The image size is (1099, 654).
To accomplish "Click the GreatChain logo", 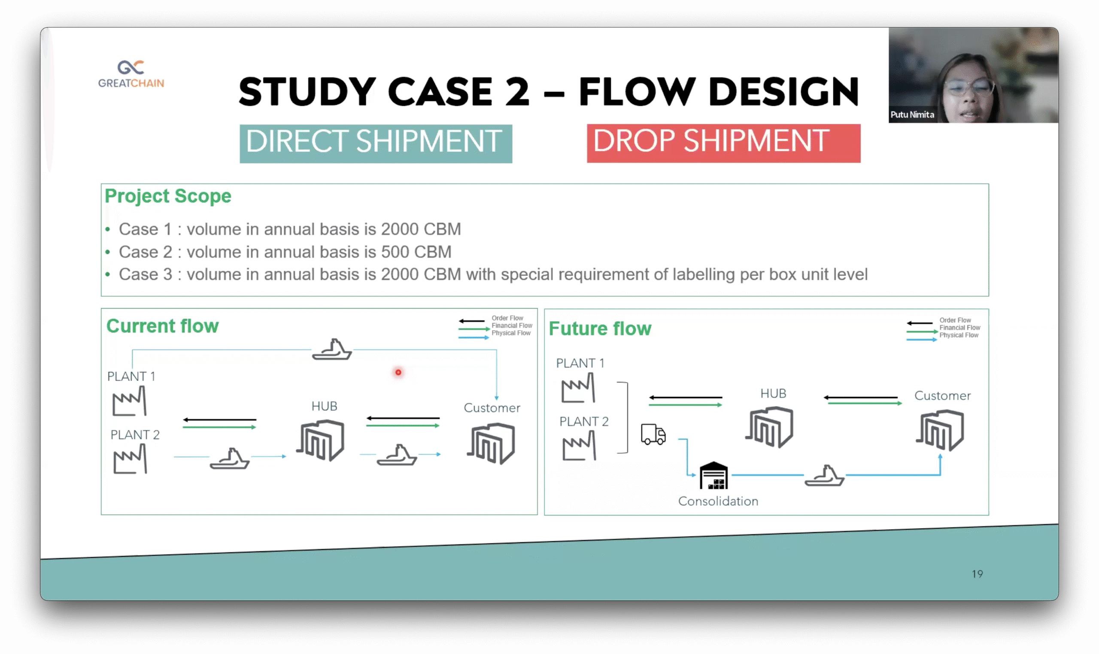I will pyautogui.click(x=131, y=74).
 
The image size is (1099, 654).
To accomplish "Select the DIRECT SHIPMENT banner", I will pyautogui.click(x=375, y=143).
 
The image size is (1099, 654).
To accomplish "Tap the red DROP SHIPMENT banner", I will pyautogui.click(x=723, y=143).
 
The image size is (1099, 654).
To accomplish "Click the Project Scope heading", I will pyautogui.click(x=168, y=196).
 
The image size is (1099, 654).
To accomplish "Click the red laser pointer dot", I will pyautogui.click(x=398, y=372).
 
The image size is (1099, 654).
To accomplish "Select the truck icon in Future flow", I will pyautogui.click(x=653, y=435).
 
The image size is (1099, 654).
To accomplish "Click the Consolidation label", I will pyautogui.click(x=718, y=501).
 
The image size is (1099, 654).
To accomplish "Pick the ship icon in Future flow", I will pyautogui.click(x=824, y=475).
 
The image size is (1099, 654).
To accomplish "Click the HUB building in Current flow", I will pyautogui.click(x=321, y=440).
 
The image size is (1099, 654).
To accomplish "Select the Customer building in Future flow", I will pyautogui.click(x=941, y=430).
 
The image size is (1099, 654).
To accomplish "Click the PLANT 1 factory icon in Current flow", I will pyautogui.click(x=129, y=401).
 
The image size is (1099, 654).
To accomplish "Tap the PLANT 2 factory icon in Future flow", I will pyautogui.click(x=579, y=446).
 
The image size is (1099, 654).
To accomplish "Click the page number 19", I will pyautogui.click(x=977, y=574).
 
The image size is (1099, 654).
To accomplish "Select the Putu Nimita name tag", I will pyautogui.click(x=912, y=115).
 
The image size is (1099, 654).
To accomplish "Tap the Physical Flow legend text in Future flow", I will pyautogui.click(x=959, y=335).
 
